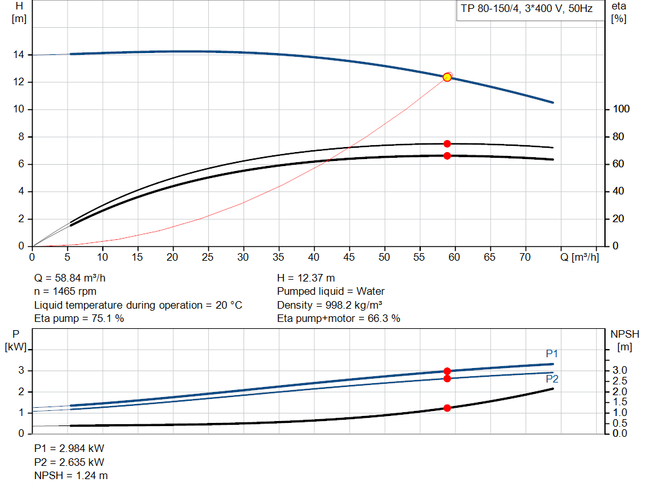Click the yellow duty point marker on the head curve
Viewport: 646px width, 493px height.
tap(447, 77)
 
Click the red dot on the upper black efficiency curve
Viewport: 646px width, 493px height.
tap(447, 144)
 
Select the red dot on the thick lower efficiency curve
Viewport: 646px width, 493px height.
tap(447, 155)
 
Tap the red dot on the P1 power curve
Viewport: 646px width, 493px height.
tap(447, 371)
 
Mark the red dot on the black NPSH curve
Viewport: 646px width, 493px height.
tap(447, 408)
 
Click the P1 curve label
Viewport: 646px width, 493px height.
tap(552, 354)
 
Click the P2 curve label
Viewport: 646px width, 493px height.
tap(552, 379)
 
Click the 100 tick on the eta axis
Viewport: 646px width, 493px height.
tap(621, 109)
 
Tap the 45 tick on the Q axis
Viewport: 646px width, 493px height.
tap(349, 257)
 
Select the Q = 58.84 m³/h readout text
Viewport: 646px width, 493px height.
tap(74, 278)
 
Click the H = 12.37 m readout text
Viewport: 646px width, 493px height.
tap(306, 278)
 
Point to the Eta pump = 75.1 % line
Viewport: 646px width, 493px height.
tap(79, 319)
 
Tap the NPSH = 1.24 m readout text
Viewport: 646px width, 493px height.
tap(71, 475)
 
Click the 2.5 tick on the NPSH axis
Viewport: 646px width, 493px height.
tap(621, 381)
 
